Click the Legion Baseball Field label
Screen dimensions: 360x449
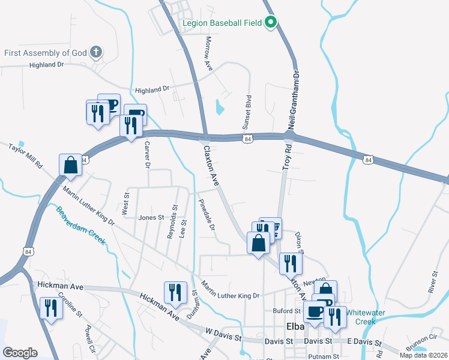click(221, 23)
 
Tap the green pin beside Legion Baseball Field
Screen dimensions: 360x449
click(271, 23)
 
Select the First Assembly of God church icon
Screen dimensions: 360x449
click(95, 52)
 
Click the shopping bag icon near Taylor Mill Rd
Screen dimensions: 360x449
click(70, 166)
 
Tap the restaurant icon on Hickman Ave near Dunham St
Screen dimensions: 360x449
click(175, 292)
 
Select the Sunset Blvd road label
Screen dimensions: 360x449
click(246, 112)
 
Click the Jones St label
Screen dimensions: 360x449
click(151, 218)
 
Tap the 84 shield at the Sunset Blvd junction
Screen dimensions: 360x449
click(247, 139)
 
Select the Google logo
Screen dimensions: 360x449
click(20, 353)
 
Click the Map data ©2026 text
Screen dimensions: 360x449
click(423, 356)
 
